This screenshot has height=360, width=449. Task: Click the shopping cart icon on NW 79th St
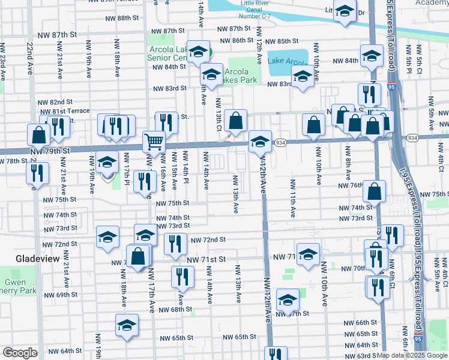point(154,142)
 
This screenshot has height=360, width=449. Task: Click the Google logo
point(20,353)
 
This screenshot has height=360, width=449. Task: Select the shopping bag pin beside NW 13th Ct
point(237,121)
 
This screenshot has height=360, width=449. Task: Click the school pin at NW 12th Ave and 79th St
point(260,142)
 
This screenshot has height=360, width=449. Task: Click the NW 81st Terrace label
point(64,112)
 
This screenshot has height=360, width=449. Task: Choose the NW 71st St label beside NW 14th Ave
point(205,259)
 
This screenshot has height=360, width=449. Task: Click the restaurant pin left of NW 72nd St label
point(175,244)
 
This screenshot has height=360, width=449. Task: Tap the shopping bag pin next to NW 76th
point(374,191)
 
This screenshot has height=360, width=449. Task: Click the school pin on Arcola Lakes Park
point(211,75)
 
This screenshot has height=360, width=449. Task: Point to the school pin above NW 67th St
point(288,301)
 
